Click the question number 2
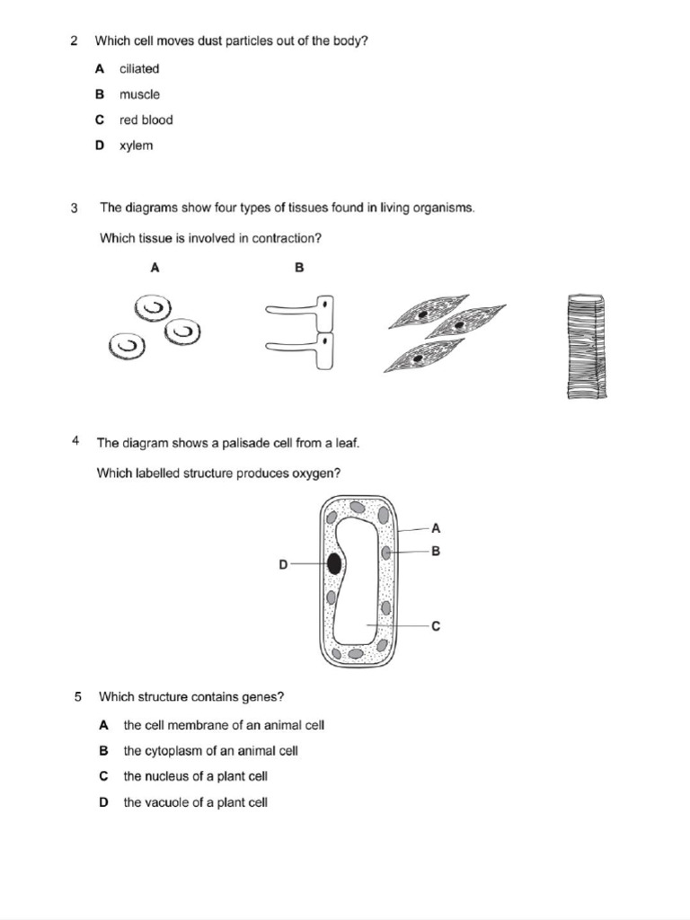click(x=74, y=40)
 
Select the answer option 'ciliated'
click(x=138, y=68)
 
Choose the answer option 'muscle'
click(x=139, y=94)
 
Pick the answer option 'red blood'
click(x=146, y=119)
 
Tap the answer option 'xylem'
click(x=136, y=146)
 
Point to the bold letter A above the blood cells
click(x=155, y=268)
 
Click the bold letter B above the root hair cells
click(x=299, y=268)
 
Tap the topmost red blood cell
click(x=152, y=310)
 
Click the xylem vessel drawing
click(x=587, y=347)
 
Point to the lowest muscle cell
click(x=422, y=356)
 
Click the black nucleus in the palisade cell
click(x=334, y=563)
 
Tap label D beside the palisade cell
click(x=283, y=565)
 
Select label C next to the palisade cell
click(x=436, y=626)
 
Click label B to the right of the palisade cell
click(x=436, y=553)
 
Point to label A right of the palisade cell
click(x=436, y=529)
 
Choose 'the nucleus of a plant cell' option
click(x=195, y=776)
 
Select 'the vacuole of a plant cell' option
click(x=195, y=802)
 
